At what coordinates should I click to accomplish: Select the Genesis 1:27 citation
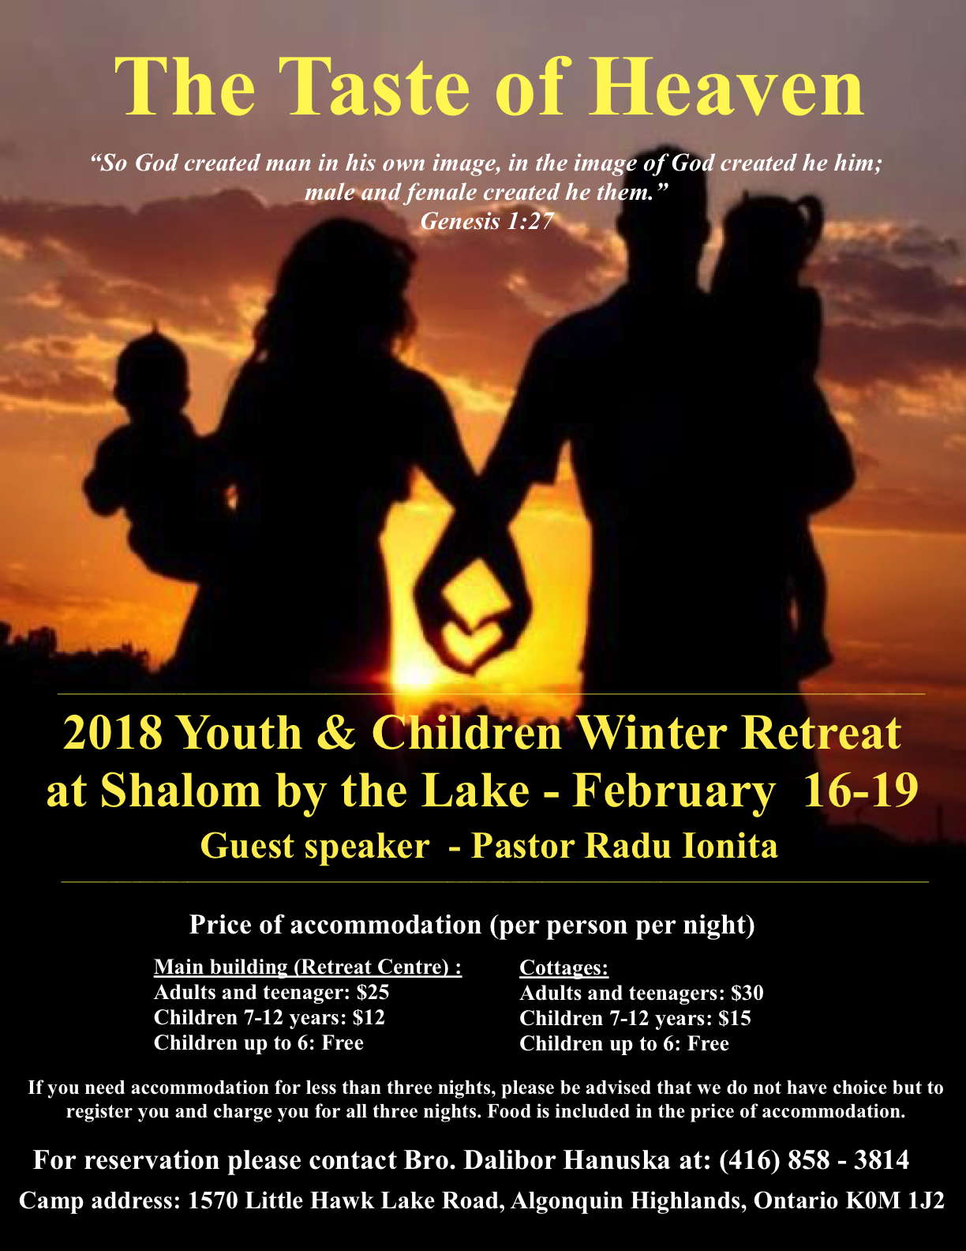[x=487, y=220]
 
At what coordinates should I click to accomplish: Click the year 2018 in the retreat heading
[x=113, y=733]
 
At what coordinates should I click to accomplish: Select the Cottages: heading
[x=563, y=967]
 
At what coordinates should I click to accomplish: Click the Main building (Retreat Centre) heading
[x=308, y=967]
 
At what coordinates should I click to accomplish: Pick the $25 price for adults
[x=373, y=992]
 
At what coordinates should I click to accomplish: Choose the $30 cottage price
[x=747, y=993]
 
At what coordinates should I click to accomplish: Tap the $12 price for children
[x=369, y=1017]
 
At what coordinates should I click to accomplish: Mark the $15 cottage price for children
[x=735, y=1018]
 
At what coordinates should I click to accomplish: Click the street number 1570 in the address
[x=213, y=1200]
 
